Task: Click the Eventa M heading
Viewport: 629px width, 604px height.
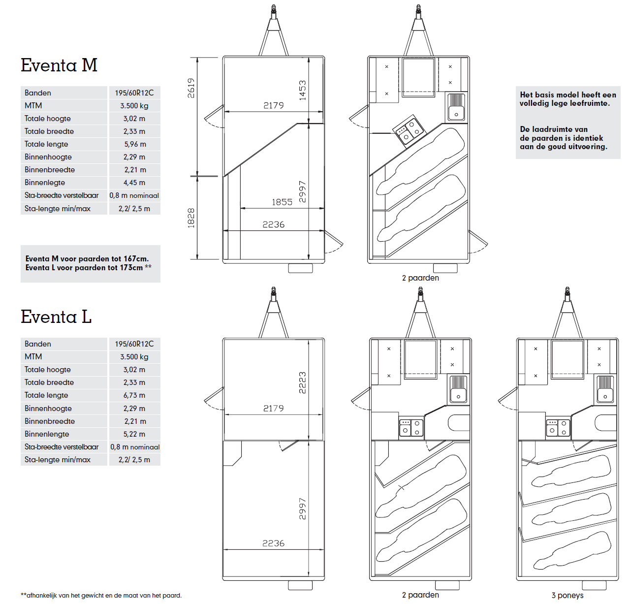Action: point(59,65)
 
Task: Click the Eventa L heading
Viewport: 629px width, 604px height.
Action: point(56,316)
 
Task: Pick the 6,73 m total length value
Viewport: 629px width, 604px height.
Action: point(134,395)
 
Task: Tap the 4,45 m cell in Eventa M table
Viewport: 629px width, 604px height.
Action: point(134,183)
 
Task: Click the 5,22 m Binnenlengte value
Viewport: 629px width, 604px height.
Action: point(134,434)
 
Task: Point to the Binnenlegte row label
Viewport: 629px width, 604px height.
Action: point(45,183)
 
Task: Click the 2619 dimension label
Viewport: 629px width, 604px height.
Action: point(191,88)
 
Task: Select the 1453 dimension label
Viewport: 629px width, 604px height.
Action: point(302,90)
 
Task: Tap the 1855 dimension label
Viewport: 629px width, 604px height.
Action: point(282,202)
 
